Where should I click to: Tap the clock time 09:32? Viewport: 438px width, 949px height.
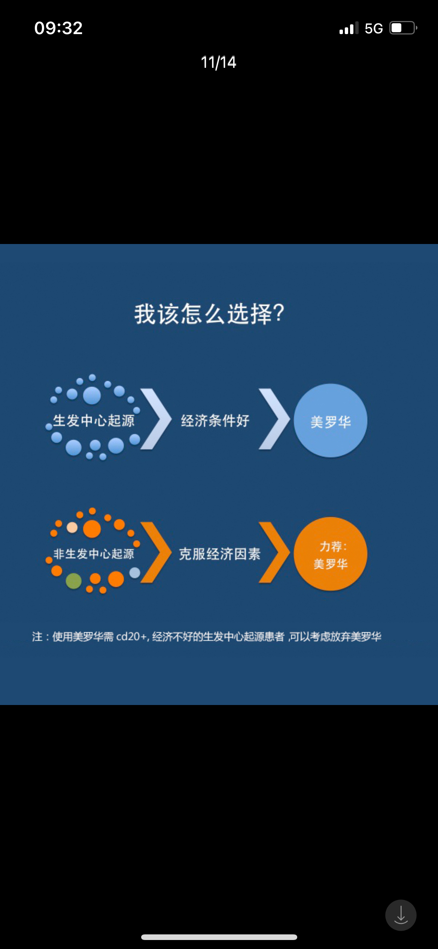[58, 28]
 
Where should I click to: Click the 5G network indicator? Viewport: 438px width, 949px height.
[374, 28]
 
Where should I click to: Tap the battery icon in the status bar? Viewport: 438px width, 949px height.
[404, 28]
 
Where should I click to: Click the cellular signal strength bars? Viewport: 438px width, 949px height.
[349, 28]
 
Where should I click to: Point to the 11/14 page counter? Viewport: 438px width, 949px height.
[219, 62]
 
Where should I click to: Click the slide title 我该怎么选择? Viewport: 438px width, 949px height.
[210, 314]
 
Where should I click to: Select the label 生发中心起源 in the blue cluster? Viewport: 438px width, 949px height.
[94, 421]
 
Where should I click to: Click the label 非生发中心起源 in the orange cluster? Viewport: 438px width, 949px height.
[94, 554]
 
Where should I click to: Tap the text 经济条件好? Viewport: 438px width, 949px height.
[215, 421]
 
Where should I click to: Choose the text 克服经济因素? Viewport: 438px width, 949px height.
[220, 554]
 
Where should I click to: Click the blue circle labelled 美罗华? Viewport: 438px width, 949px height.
[331, 421]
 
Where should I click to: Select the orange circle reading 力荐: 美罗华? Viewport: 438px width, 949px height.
[331, 554]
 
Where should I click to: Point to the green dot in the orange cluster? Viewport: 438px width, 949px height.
[74, 581]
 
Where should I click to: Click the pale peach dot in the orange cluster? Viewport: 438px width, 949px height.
[72, 528]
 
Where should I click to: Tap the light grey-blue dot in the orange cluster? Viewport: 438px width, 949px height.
[135, 573]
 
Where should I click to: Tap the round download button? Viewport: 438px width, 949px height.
[401, 915]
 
